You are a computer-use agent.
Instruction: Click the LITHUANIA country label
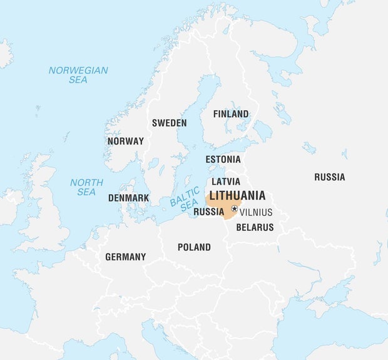(237, 195)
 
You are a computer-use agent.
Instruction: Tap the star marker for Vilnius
(235, 208)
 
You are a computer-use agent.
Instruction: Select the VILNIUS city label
(256, 212)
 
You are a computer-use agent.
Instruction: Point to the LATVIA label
(226, 182)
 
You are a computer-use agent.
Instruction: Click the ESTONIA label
(223, 159)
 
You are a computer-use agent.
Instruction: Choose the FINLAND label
(231, 114)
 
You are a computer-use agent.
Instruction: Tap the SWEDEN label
(169, 123)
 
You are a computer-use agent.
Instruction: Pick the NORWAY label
(125, 141)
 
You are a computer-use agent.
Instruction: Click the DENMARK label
(128, 198)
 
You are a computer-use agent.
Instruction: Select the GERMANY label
(125, 257)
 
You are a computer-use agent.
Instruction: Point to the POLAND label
(194, 247)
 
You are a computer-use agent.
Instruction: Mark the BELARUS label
(255, 227)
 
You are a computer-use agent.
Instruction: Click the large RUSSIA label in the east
(329, 177)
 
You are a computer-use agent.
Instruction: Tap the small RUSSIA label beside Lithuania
(208, 212)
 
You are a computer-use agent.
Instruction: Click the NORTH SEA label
(86, 187)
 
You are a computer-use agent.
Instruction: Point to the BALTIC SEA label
(185, 198)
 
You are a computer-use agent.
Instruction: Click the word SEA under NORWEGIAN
(78, 80)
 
